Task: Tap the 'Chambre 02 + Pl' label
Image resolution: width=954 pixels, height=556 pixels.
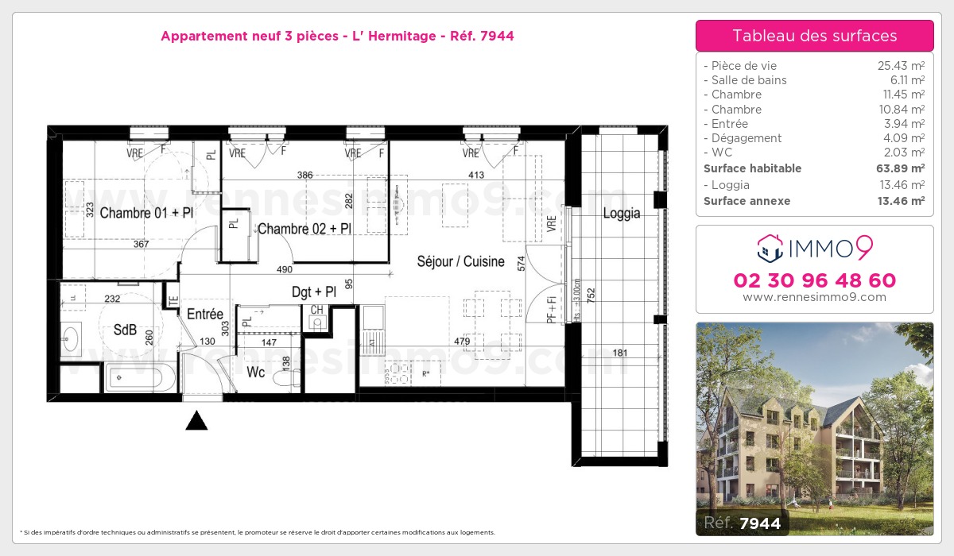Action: click(304, 229)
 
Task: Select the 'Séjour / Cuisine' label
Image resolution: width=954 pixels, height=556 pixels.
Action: click(461, 261)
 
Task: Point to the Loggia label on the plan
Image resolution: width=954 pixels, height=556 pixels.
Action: click(621, 213)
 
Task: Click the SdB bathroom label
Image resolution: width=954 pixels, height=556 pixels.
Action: click(125, 329)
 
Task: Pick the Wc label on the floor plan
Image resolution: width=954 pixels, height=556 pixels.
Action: click(255, 372)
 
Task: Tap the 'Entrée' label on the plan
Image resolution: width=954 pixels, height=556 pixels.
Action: click(205, 315)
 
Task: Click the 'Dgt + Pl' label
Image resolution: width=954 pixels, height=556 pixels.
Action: click(313, 292)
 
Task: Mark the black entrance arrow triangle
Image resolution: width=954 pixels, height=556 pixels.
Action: click(196, 421)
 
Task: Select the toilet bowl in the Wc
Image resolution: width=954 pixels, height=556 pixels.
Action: click(284, 379)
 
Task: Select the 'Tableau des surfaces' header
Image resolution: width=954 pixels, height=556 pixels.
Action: click(814, 36)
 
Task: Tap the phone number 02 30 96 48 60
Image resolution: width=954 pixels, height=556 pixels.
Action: click(814, 280)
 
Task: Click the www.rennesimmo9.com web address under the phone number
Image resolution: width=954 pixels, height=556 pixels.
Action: click(814, 297)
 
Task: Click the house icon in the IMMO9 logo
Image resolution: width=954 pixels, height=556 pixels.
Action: click(770, 249)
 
